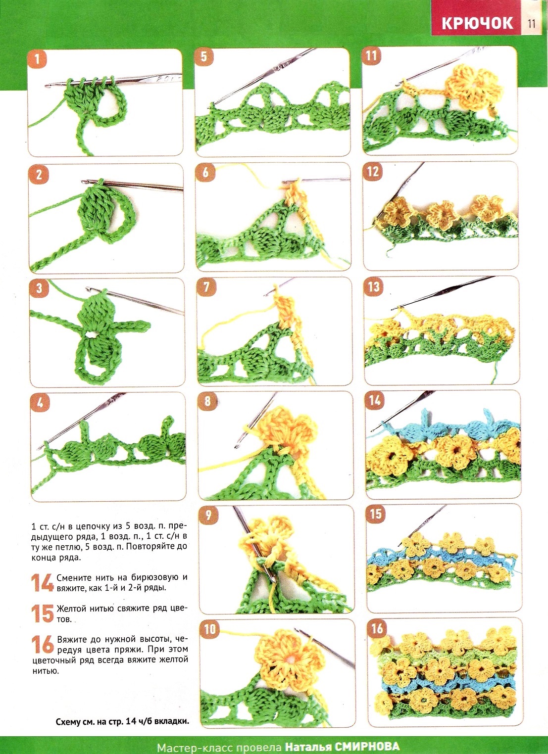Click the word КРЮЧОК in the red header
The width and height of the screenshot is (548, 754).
click(477, 23)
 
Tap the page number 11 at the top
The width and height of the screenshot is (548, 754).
click(532, 24)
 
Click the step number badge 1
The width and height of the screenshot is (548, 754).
click(37, 59)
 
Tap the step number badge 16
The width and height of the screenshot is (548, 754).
click(377, 628)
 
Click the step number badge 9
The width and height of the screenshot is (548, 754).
click(208, 516)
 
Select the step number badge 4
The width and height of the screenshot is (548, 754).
click(39, 402)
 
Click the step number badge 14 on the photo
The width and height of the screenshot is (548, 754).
click(375, 400)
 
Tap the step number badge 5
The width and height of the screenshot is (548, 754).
click(204, 57)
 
